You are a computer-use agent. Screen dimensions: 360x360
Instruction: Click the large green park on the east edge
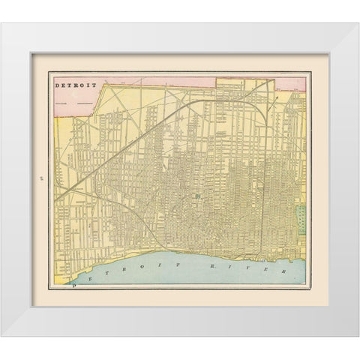coord(301,217)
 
